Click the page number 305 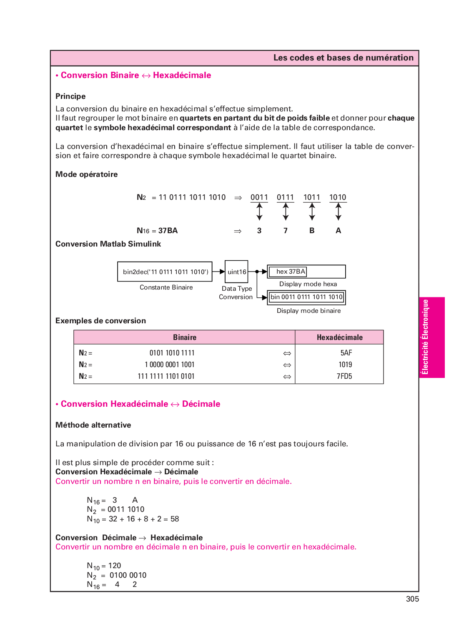point(412,599)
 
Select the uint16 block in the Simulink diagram point(236,272)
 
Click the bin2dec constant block point(165,272)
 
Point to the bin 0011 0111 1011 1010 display point(306,297)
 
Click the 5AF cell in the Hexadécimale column point(346,353)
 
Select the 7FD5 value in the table point(344,376)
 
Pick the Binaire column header point(185,337)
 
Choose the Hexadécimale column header point(339,337)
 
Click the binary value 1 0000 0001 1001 point(170,365)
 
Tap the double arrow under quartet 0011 point(259,212)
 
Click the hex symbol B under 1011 point(312,231)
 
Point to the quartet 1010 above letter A point(338,197)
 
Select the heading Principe point(70,96)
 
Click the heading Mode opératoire point(86,174)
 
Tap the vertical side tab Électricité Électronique point(431,337)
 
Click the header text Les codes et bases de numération point(343,58)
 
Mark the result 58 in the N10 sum point(175,519)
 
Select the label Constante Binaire point(166,287)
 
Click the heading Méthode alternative point(93,425)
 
